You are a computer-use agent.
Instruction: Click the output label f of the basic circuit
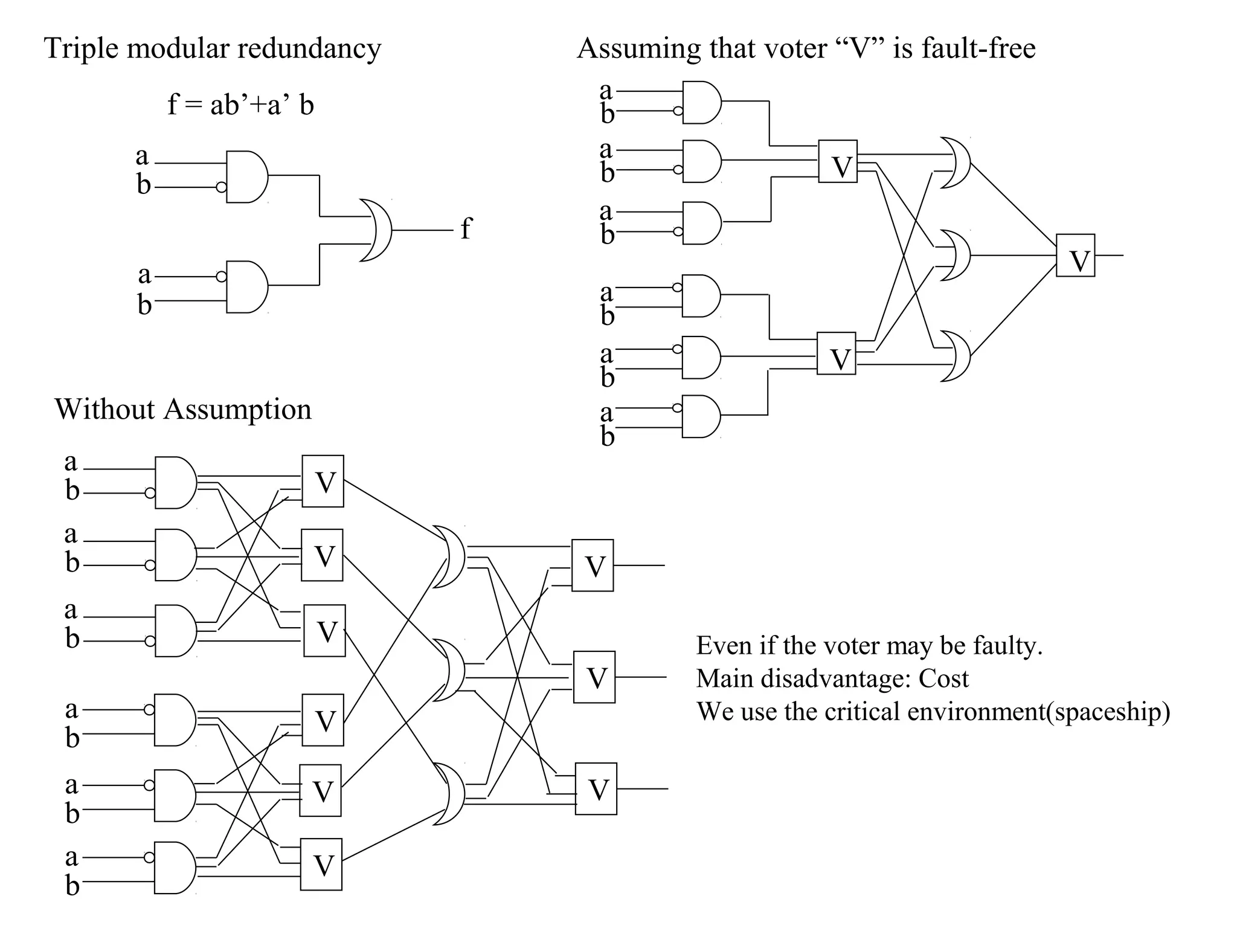tap(466, 229)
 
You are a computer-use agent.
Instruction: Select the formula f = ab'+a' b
tap(240, 105)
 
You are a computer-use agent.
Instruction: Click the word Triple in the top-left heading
tap(82, 48)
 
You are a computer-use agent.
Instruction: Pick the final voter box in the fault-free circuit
tap(1075, 256)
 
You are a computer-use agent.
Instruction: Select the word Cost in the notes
tap(943, 679)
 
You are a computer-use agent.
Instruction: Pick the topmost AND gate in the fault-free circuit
tap(701, 102)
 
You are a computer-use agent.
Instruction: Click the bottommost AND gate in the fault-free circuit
tap(701, 416)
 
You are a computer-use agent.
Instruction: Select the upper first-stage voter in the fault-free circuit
tap(838, 161)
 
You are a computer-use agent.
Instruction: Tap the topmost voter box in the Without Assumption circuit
tap(323, 482)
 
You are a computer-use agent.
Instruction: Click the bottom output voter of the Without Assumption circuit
tap(596, 789)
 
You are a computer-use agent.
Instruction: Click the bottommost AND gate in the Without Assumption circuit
tap(175, 868)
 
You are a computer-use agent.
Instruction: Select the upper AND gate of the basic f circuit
tap(246, 176)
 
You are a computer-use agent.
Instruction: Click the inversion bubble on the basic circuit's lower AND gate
tap(221, 277)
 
